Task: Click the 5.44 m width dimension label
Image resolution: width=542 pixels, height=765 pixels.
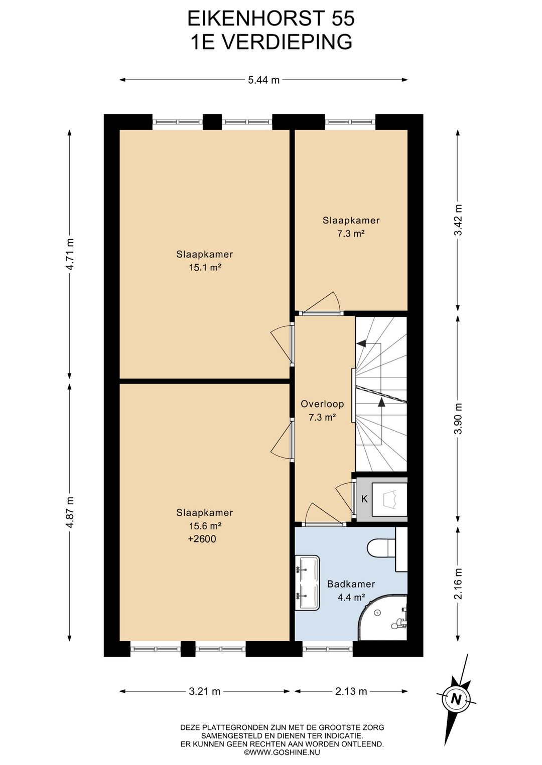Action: click(263, 80)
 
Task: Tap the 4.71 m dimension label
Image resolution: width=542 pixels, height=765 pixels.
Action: click(70, 254)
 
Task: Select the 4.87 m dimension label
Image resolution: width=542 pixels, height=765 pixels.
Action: click(70, 512)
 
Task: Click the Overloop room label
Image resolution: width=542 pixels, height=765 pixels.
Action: click(322, 404)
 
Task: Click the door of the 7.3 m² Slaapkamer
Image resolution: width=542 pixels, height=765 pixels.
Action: click(322, 303)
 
